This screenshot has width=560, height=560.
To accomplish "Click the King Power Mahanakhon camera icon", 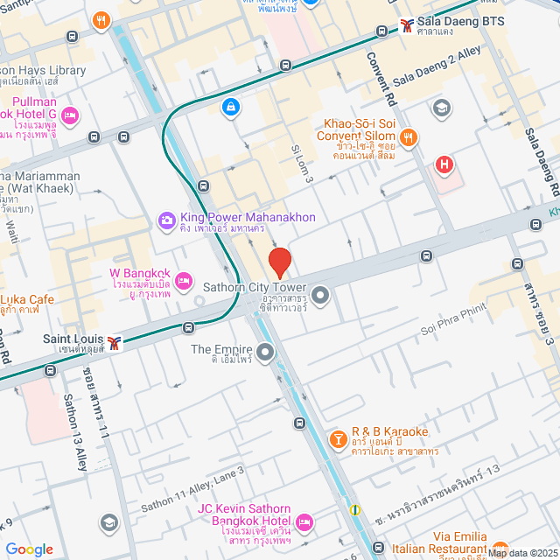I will click(166, 220).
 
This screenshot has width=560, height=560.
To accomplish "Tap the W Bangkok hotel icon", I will click(183, 280).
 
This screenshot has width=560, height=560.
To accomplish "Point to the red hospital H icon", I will click(445, 164).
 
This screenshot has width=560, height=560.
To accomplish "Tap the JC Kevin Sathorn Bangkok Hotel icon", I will click(304, 521).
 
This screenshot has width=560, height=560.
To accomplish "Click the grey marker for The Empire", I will click(265, 352).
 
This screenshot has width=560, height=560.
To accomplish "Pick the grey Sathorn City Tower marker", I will click(320, 295).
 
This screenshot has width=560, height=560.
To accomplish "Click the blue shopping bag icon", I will click(229, 106).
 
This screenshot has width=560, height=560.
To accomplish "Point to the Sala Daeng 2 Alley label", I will click(437, 66).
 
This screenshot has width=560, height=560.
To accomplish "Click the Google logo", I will click(30, 549).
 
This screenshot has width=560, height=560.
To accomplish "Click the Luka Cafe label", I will click(26, 300).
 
